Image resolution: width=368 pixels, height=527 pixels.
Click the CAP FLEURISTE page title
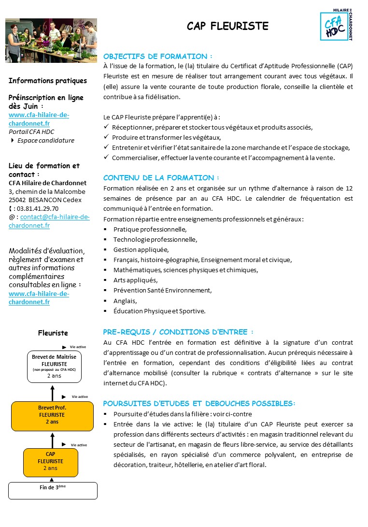tap(227, 26)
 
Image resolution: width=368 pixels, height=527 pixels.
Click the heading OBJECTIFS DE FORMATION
tap(157, 56)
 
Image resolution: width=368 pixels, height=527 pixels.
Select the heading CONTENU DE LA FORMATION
tap(161, 177)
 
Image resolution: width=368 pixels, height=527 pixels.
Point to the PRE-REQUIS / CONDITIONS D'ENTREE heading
tap(178, 332)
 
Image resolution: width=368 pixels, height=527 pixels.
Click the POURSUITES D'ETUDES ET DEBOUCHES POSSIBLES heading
tap(199, 403)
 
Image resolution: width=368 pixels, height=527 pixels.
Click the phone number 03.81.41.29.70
tap(37, 208)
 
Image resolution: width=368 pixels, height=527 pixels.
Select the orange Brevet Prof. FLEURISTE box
tap(52, 415)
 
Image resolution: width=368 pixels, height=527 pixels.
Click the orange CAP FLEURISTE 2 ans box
tap(51, 461)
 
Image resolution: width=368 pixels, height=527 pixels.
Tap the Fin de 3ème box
tap(53, 490)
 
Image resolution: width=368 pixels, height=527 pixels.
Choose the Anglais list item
tap(125, 301)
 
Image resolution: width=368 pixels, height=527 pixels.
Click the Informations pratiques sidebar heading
tap(48, 81)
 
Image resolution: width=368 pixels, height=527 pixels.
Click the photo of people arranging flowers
tap(51, 41)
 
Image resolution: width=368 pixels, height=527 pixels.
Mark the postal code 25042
tap(18, 200)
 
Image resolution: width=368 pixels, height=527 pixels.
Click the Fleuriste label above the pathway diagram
tap(53, 333)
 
